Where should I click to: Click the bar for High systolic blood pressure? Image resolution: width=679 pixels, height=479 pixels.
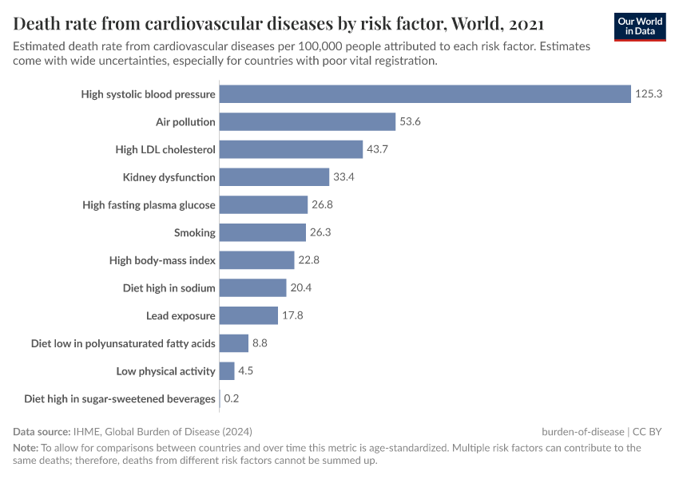click(x=425, y=94)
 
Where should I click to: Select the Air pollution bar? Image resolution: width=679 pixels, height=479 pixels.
click(x=308, y=122)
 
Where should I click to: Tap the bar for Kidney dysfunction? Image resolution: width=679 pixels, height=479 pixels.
click(x=274, y=177)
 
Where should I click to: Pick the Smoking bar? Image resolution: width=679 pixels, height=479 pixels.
click(x=263, y=232)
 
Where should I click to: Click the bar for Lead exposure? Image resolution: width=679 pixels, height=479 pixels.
click(x=248, y=315)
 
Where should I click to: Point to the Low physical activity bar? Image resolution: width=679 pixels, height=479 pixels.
click(x=227, y=371)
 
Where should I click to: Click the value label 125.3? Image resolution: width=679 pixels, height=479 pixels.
click(x=649, y=94)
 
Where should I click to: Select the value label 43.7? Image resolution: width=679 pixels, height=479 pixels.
click(x=377, y=149)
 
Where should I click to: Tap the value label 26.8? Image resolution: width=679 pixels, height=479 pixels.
click(x=322, y=205)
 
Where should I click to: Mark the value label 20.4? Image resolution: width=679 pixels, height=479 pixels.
click(x=300, y=288)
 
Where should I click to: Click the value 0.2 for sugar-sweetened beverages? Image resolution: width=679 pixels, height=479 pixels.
click(x=232, y=398)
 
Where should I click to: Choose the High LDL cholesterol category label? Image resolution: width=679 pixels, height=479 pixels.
click(x=165, y=149)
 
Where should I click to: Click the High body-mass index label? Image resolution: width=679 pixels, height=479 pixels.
click(x=162, y=260)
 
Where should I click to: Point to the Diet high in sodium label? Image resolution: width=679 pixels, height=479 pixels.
click(x=169, y=288)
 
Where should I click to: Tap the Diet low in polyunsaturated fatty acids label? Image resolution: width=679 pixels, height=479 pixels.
click(x=123, y=343)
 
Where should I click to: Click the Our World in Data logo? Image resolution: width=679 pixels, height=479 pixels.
click(x=640, y=26)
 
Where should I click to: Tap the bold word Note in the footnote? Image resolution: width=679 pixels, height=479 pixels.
click(x=25, y=448)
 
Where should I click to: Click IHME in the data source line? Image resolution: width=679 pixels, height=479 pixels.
click(x=86, y=431)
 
